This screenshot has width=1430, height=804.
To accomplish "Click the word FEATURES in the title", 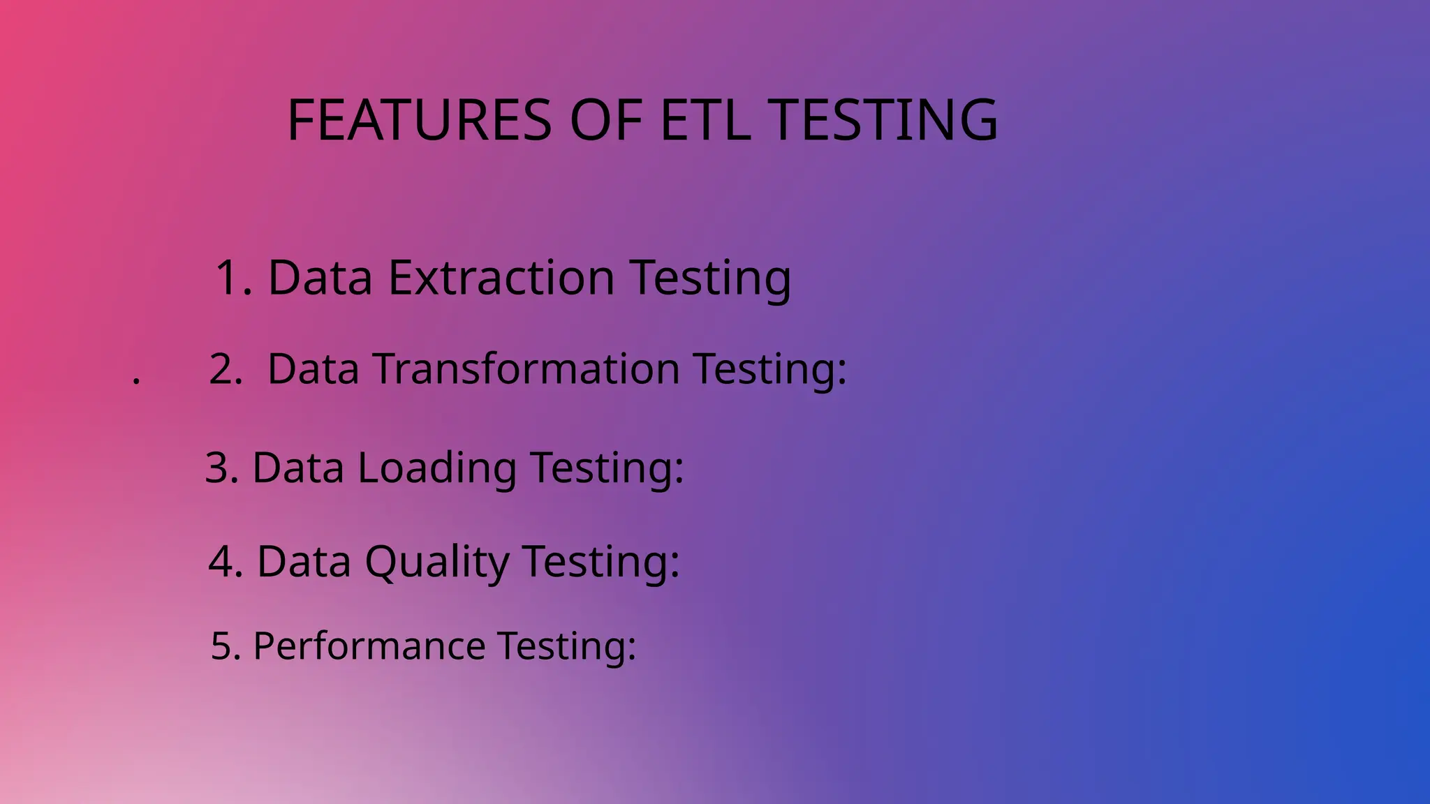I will tap(420, 120).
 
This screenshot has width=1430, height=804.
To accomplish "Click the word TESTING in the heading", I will tap(886, 120).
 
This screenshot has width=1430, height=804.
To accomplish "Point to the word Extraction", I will tap(501, 278).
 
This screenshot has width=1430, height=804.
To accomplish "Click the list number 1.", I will tap(229, 278).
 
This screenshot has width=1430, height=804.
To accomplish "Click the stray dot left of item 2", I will tap(136, 381).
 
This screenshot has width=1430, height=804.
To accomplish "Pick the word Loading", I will tap(437, 467).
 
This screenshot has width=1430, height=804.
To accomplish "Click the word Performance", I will tap(369, 646).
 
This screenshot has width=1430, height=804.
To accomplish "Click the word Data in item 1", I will tap(320, 278).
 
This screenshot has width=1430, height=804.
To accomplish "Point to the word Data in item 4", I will tap(304, 561).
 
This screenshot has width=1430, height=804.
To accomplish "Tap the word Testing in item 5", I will tap(566, 646).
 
